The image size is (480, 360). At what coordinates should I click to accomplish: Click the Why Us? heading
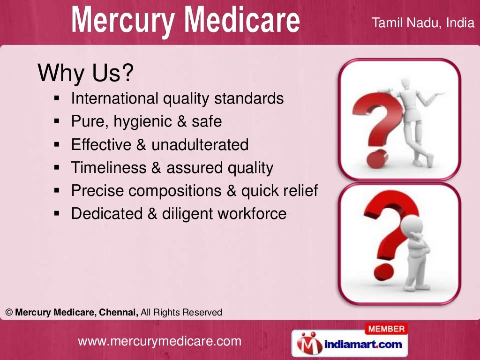(85, 73)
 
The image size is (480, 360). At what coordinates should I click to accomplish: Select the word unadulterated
(200, 145)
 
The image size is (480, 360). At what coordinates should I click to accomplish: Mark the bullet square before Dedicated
(57, 214)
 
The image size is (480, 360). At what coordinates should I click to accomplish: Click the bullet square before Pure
(57, 122)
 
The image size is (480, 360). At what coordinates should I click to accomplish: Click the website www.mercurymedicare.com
(159, 341)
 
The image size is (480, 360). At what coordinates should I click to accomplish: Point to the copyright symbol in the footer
(9, 312)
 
